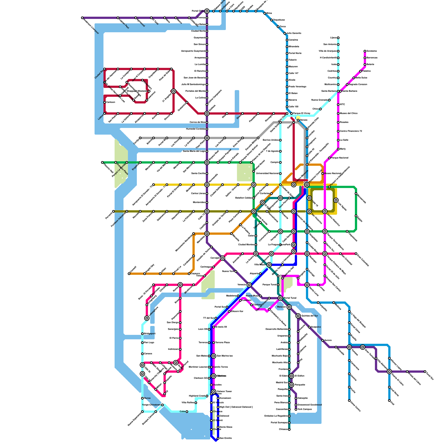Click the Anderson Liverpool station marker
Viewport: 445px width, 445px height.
tap(82, 18)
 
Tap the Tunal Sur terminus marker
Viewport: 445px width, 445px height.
tap(425, 372)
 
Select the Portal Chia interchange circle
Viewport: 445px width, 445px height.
tap(207, 11)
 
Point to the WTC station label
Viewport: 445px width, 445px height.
tap(342, 105)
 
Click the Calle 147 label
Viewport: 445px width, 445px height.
tap(293, 73)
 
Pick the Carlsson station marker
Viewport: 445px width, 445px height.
tap(105, 102)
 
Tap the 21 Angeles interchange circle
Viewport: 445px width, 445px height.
tap(174, 91)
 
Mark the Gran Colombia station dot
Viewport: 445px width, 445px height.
tap(356, 254)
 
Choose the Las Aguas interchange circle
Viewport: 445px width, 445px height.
tap(336, 200)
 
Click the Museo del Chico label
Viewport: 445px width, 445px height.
tap(349, 113)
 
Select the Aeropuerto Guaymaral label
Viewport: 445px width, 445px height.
tap(193, 51)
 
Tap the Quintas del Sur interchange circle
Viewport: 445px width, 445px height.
tap(298, 316)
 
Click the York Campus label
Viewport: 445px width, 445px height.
tap(305, 409)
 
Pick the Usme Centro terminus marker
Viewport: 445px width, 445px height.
tap(349, 400)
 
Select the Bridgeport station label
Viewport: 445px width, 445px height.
tap(150, 334)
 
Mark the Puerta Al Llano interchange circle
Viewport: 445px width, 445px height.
tap(389, 372)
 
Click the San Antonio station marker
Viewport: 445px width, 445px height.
tap(338, 44)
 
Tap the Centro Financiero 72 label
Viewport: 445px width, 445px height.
tap(351, 131)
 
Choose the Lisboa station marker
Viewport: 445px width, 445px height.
tap(105, 113)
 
